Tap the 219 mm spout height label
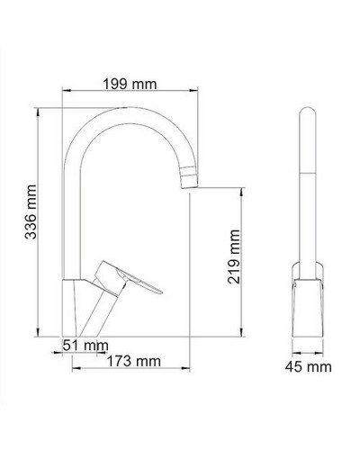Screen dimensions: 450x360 point(235,254)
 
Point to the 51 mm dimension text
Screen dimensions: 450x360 point(85,345)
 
